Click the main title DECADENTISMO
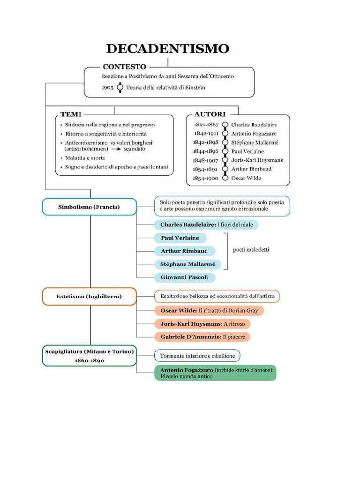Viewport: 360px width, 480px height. click(168, 49)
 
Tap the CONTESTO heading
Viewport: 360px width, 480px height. click(125, 67)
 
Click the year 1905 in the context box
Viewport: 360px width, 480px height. click(107, 88)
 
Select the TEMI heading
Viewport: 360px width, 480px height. click(71, 114)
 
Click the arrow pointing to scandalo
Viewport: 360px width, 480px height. click(116, 149)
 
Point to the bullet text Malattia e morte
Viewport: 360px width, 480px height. click(85, 158)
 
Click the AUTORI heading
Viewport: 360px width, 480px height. click(210, 114)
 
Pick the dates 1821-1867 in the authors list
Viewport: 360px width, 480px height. click(206, 125)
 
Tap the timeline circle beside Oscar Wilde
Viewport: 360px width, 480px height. click(225, 178)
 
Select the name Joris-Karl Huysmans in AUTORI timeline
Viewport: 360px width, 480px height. click(257, 160)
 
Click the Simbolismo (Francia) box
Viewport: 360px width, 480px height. click(89, 207)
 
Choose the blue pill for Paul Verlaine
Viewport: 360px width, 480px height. click(180, 238)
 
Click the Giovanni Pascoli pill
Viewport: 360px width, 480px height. click(185, 277)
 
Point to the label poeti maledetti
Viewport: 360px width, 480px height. click(251, 250)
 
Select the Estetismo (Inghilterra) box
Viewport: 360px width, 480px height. click(89, 296)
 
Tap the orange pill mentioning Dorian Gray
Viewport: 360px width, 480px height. click(209, 311)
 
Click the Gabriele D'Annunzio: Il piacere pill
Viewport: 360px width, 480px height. click(202, 337)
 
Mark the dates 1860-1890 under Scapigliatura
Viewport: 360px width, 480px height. click(90, 360)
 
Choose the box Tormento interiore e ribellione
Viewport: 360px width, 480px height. click(197, 356)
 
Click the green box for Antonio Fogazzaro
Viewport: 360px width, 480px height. click(215, 373)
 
